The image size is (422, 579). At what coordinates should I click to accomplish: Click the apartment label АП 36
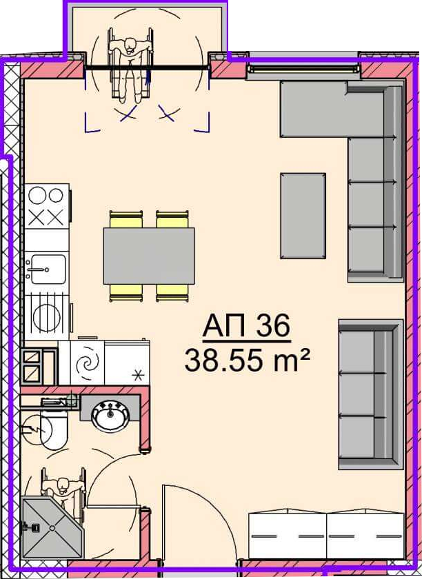246,325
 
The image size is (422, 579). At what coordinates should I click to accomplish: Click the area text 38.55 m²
247,360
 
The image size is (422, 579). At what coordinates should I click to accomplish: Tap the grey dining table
149,256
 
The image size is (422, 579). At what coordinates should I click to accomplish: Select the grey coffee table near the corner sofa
303,216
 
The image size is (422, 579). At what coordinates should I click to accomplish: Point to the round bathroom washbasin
110,416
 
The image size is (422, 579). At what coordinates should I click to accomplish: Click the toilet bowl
54,430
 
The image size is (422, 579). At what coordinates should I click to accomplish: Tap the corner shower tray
52,527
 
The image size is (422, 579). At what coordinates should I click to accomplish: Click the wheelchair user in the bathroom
63,487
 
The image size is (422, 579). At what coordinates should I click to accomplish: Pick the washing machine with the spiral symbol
87,363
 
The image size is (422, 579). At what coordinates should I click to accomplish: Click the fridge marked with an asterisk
127,363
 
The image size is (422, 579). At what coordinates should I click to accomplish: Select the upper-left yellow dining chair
126,219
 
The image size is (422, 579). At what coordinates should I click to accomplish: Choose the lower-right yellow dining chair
172,293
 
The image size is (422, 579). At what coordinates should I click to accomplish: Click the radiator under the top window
303,68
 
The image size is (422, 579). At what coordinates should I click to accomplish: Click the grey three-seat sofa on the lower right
370,394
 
